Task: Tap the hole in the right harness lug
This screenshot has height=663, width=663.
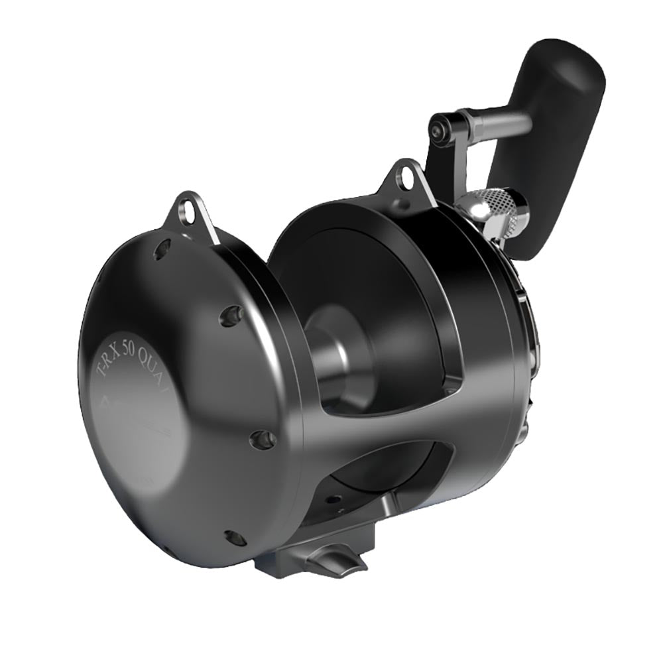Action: pyautogui.click(x=404, y=174)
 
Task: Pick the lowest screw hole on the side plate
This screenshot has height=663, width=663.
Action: pyautogui.click(x=235, y=538)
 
